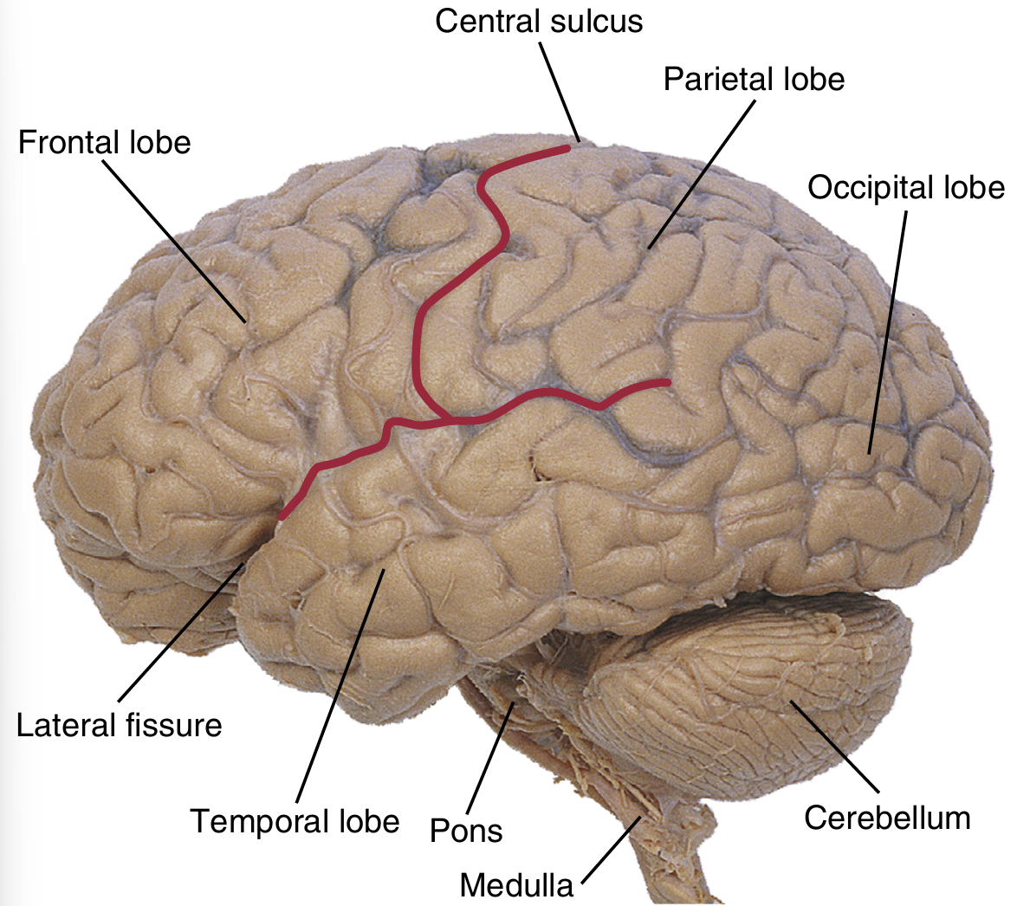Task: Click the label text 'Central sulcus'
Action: (539, 21)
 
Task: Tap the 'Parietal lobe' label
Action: (754, 79)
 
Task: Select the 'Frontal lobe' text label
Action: (104, 141)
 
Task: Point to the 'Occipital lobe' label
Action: (906, 187)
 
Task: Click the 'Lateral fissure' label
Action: (120, 724)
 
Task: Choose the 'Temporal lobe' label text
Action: (295, 819)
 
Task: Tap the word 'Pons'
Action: (466, 831)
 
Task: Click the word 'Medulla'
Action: (516, 885)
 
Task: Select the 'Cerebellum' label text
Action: (887, 818)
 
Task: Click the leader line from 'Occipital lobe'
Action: (888, 329)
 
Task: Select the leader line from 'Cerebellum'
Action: (835, 747)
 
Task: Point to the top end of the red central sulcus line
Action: (567, 149)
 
